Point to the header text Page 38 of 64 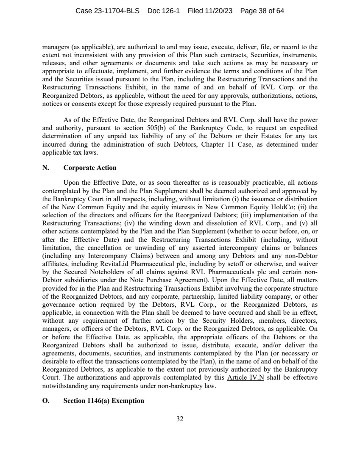click(x=262, y=11)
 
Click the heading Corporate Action click(x=89, y=168)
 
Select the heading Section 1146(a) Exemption click(x=103, y=401)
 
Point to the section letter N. click(x=45, y=168)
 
